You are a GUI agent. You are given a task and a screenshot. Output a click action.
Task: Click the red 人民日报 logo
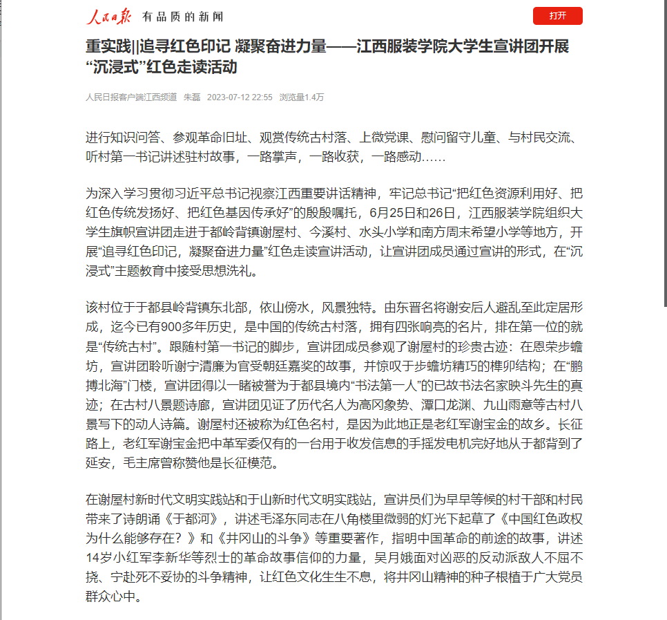[x=108, y=16]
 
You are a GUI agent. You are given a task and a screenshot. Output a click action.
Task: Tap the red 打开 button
[x=557, y=16]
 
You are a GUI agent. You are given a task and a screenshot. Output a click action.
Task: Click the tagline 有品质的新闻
[x=182, y=17]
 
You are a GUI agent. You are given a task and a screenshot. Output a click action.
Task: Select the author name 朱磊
[x=191, y=97]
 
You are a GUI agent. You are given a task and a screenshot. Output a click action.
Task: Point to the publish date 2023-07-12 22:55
[x=240, y=97]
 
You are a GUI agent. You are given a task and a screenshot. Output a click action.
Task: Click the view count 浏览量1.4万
[x=301, y=97]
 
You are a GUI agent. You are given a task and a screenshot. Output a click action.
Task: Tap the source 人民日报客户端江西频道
[x=131, y=97]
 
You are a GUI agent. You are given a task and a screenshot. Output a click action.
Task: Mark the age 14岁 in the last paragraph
[x=98, y=556]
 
